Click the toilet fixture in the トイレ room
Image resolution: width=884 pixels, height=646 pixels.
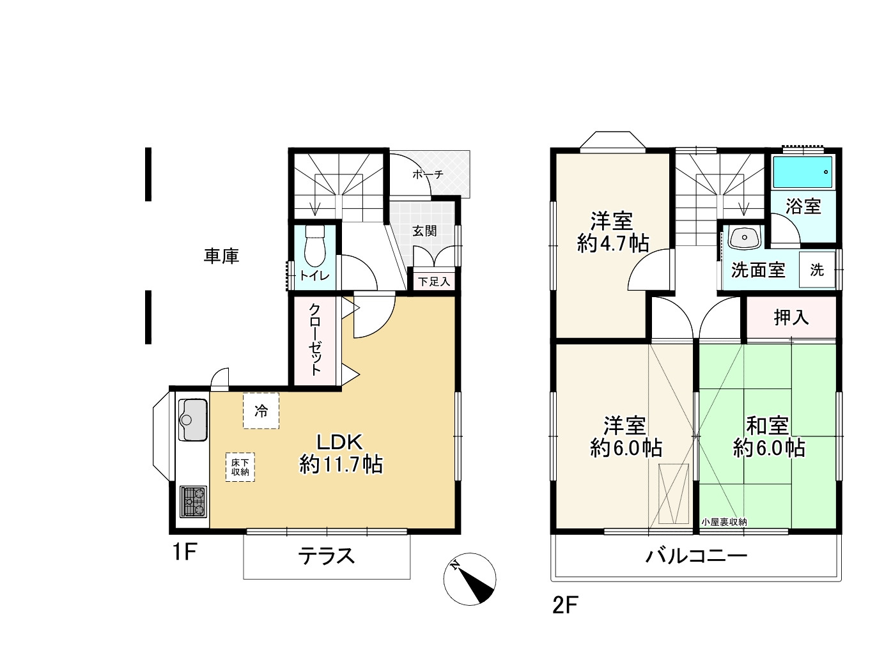[314, 246]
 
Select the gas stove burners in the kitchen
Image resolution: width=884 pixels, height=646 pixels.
[194, 502]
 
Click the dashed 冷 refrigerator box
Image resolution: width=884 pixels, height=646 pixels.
[261, 411]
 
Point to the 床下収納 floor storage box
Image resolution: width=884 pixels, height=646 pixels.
[240, 467]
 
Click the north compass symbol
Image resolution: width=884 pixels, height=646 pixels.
[470, 579]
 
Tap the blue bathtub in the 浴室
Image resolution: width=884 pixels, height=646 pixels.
[803, 172]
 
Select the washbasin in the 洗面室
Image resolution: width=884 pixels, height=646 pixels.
[744, 238]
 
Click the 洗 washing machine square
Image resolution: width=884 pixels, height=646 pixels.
[817, 270]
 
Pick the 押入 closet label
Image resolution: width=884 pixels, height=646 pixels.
[791, 318]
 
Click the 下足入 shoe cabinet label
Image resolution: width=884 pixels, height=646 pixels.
[434, 282]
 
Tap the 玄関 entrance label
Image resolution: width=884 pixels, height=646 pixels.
[424, 231]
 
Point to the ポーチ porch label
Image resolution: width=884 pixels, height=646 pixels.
[428, 174]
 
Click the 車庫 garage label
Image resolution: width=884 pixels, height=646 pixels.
[221, 256]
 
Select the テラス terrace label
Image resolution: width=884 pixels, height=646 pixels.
[327, 556]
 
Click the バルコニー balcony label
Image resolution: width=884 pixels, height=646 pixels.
[697, 556]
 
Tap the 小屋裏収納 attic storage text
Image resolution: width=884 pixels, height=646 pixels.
[724, 522]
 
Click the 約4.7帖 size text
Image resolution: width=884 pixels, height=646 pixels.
[613, 243]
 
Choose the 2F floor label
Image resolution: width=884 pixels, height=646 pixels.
[565, 605]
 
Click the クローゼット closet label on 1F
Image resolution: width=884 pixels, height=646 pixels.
[315, 339]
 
